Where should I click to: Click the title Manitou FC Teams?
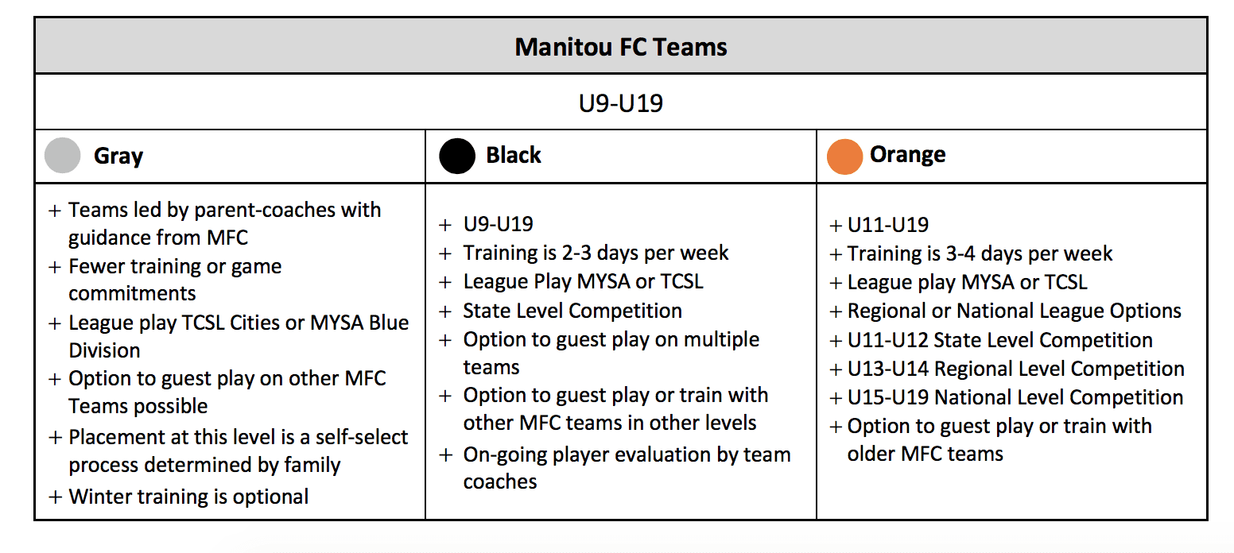621,47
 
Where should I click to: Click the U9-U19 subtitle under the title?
621,103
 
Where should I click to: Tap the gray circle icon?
62,155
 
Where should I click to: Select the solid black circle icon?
456,156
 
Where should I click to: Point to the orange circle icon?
844,157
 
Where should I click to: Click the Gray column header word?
118,157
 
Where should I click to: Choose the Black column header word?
514,155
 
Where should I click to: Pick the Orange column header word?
907,155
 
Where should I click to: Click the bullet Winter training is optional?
188,497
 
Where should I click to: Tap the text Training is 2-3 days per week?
596,253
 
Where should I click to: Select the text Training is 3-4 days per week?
980,253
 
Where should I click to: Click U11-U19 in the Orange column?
887,225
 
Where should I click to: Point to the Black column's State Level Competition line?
572,311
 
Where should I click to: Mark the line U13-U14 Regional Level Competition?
1016,369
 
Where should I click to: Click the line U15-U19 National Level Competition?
1015,397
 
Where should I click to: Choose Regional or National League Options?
1015,311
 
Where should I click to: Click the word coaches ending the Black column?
499,481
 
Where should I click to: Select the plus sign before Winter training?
55,497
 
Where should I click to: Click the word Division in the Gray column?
104,350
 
